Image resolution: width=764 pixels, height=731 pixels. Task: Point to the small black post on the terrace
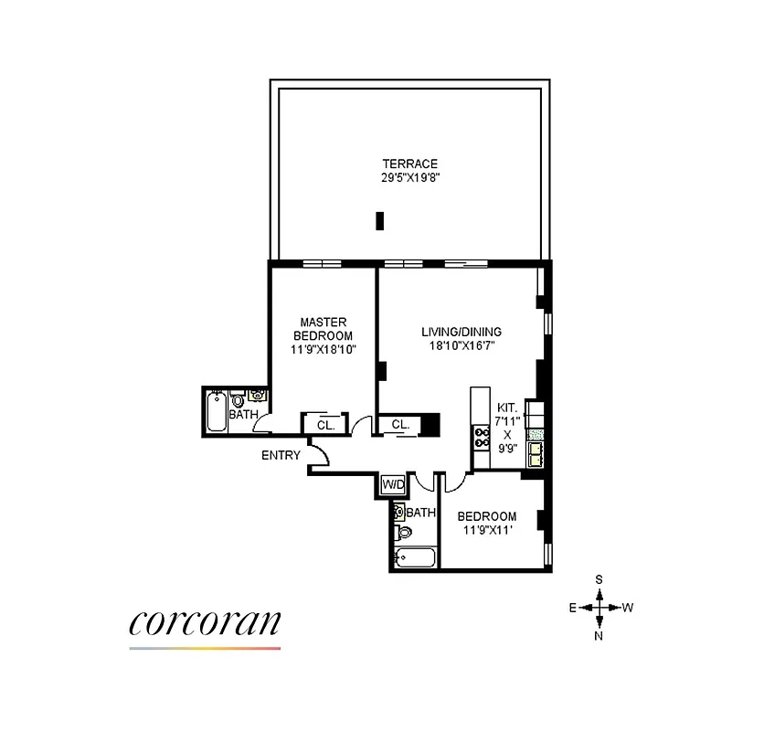pyautogui.click(x=379, y=221)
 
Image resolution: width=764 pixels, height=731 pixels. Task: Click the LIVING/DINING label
pyautogui.click(x=462, y=332)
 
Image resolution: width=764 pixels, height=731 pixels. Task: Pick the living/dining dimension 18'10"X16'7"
pyautogui.click(x=462, y=346)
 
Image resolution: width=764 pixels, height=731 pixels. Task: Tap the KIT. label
pyautogui.click(x=507, y=408)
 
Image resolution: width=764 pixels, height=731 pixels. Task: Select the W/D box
pyautogui.click(x=393, y=483)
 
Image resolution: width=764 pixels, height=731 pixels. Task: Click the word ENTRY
pyautogui.click(x=281, y=455)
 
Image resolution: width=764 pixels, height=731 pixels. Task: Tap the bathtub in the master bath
pyautogui.click(x=218, y=412)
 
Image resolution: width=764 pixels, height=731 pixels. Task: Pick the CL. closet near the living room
pyautogui.click(x=399, y=425)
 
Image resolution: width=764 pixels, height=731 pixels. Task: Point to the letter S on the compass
pyautogui.click(x=599, y=579)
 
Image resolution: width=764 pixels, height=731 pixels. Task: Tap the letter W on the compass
pyautogui.click(x=628, y=608)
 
